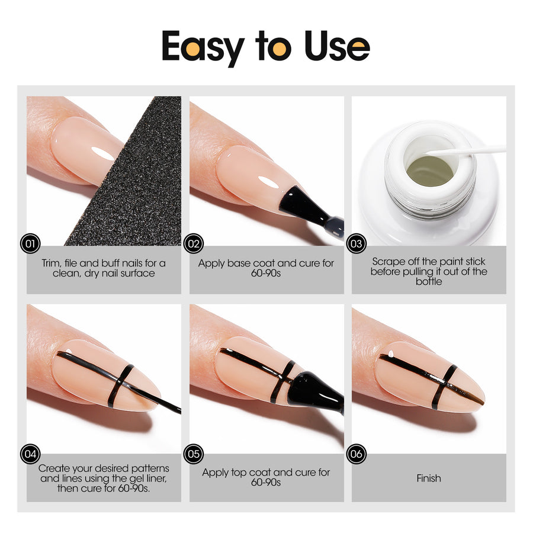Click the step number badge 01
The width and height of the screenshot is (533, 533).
[x=30, y=243]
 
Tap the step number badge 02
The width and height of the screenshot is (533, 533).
[x=194, y=243]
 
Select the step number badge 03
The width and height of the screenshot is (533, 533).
[x=357, y=243]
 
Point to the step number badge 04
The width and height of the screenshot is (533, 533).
[x=30, y=454]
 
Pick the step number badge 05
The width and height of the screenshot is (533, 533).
[x=194, y=454]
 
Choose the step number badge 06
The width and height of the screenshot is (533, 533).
[x=357, y=454]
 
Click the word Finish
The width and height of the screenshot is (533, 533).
[x=429, y=479]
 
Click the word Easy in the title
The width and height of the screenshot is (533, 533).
[x=203, y=47]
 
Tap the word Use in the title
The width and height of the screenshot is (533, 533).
[x=336, y=46]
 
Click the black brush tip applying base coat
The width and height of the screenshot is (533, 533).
[x=299, y=204]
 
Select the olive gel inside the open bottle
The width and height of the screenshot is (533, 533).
[x=430, y=171]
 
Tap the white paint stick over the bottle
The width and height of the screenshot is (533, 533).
[x=465, y=150]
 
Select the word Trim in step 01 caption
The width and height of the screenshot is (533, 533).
[x=51, y=263]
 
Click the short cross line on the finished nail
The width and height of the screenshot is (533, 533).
[x=444, y=387]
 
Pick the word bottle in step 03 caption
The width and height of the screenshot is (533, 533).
[x=429, y=281]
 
